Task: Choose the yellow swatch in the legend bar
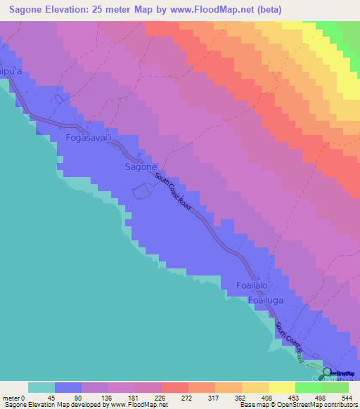[281, 387]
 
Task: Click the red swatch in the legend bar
[174, 387]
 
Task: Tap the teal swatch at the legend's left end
[41, 387]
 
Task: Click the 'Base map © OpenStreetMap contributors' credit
[295, 405]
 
